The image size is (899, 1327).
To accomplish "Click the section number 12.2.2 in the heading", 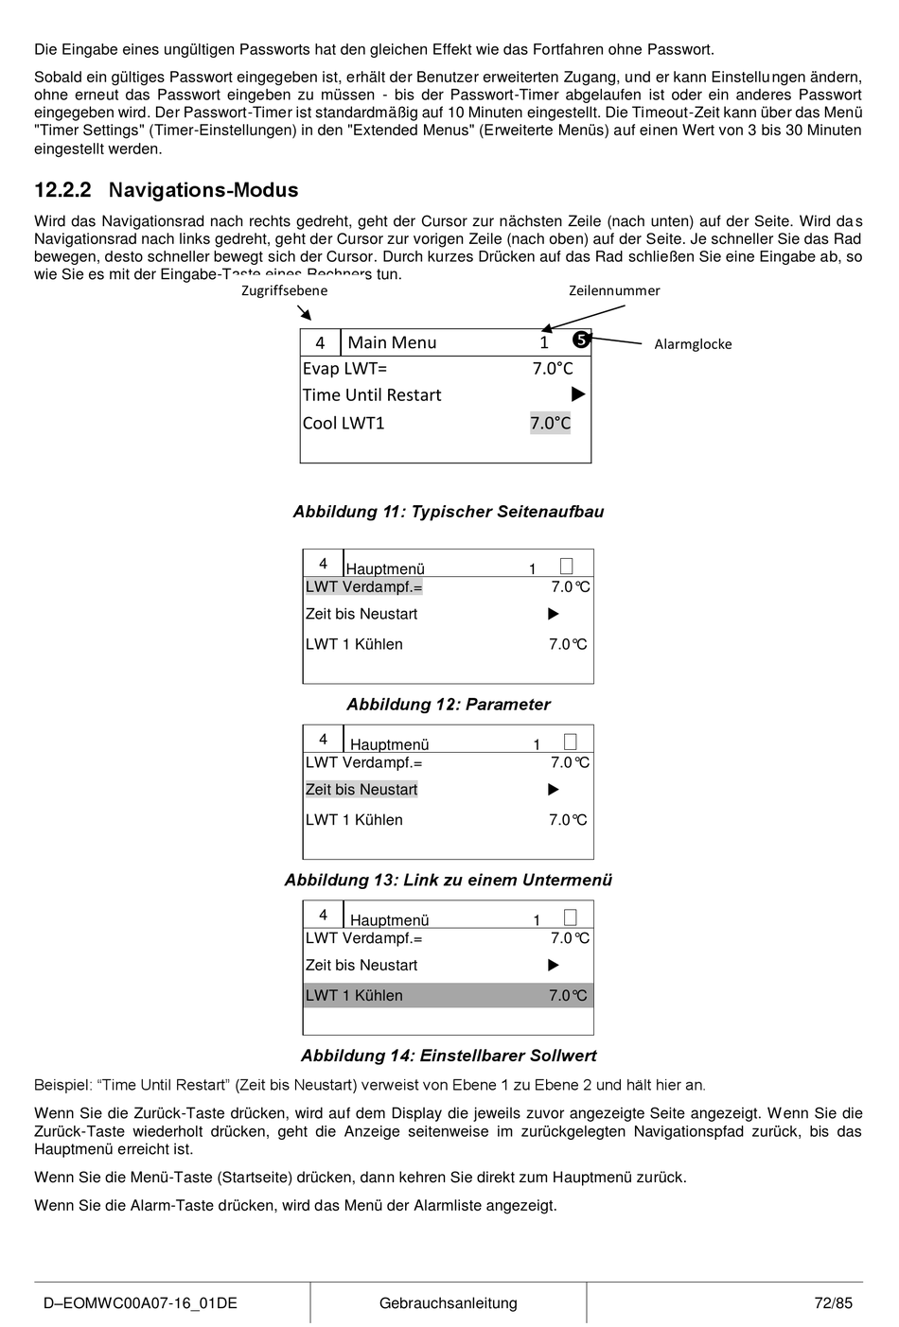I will [x=62, y=190].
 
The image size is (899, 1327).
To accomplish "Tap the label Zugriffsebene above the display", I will [x=284, y=290].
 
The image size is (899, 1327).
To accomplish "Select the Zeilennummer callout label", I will [x=614, y=290].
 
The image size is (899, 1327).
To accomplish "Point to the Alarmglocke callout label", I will [x=693, y=344].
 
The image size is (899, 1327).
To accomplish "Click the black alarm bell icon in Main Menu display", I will [x=581, y=340].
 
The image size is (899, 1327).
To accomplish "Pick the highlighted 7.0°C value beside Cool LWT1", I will [x=551, y=423].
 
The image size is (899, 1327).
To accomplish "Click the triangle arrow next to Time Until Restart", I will [x=578, y=394].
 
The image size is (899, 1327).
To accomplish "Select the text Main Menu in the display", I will [x=392, y=342].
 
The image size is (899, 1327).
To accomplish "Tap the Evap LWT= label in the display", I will [x=344, y=369].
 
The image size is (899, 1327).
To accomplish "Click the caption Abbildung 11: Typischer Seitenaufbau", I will [x=448, y=512].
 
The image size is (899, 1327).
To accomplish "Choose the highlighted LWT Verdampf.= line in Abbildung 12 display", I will [x=363, y=587].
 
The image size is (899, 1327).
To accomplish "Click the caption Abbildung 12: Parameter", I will [x=448, y=705].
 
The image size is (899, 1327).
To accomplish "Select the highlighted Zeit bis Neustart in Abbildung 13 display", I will [x=361, y=790].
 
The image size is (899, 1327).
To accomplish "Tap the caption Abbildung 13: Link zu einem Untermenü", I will [x=448, y=881].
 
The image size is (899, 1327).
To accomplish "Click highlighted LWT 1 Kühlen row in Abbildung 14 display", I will [x=448, y=995].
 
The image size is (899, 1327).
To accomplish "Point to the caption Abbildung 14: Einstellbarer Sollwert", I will [x=448, y=1056].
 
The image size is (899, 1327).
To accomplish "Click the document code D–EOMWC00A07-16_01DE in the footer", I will [x=139, y=1303].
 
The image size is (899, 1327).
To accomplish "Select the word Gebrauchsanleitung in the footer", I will [x=448, y=1303].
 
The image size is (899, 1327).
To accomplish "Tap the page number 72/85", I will [x=833, y=1303].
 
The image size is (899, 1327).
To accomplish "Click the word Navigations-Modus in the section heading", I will [x=203, y=190].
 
